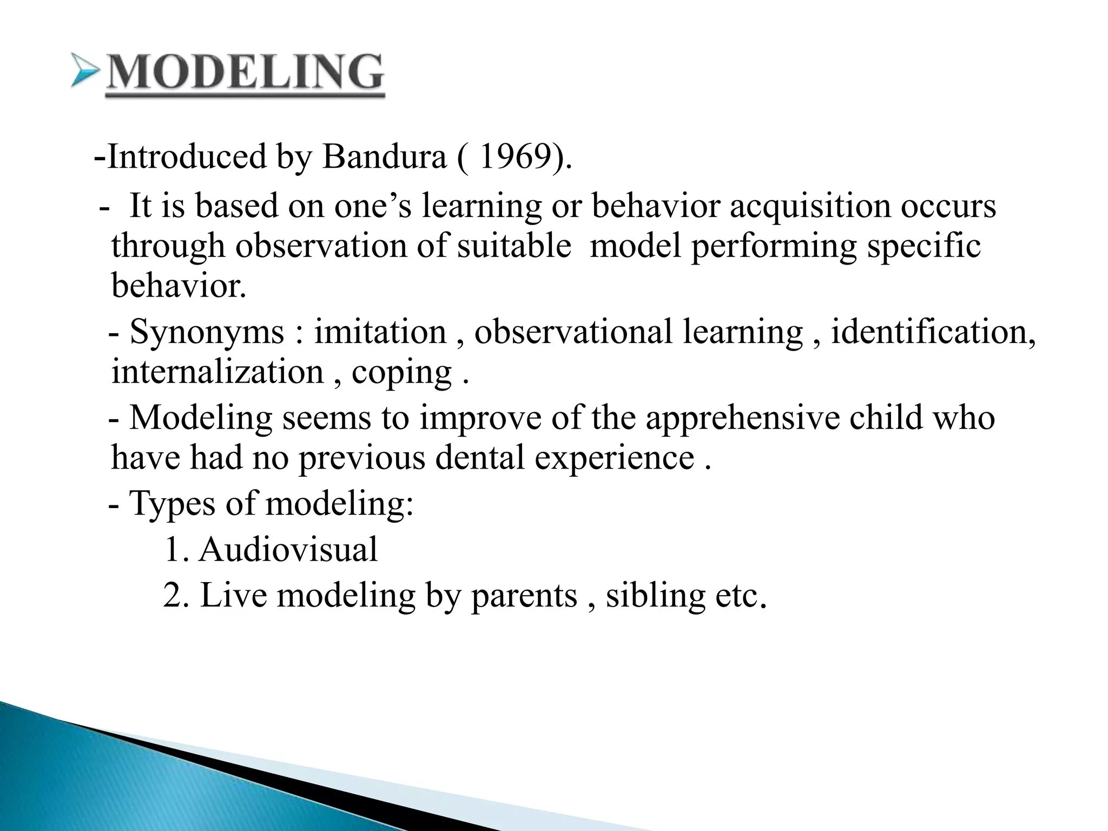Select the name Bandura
[384, 157]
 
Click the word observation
[320, 247]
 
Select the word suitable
[514, 247]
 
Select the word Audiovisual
[288, 550]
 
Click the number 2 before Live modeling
[172, 596]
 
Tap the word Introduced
[187, 157]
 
